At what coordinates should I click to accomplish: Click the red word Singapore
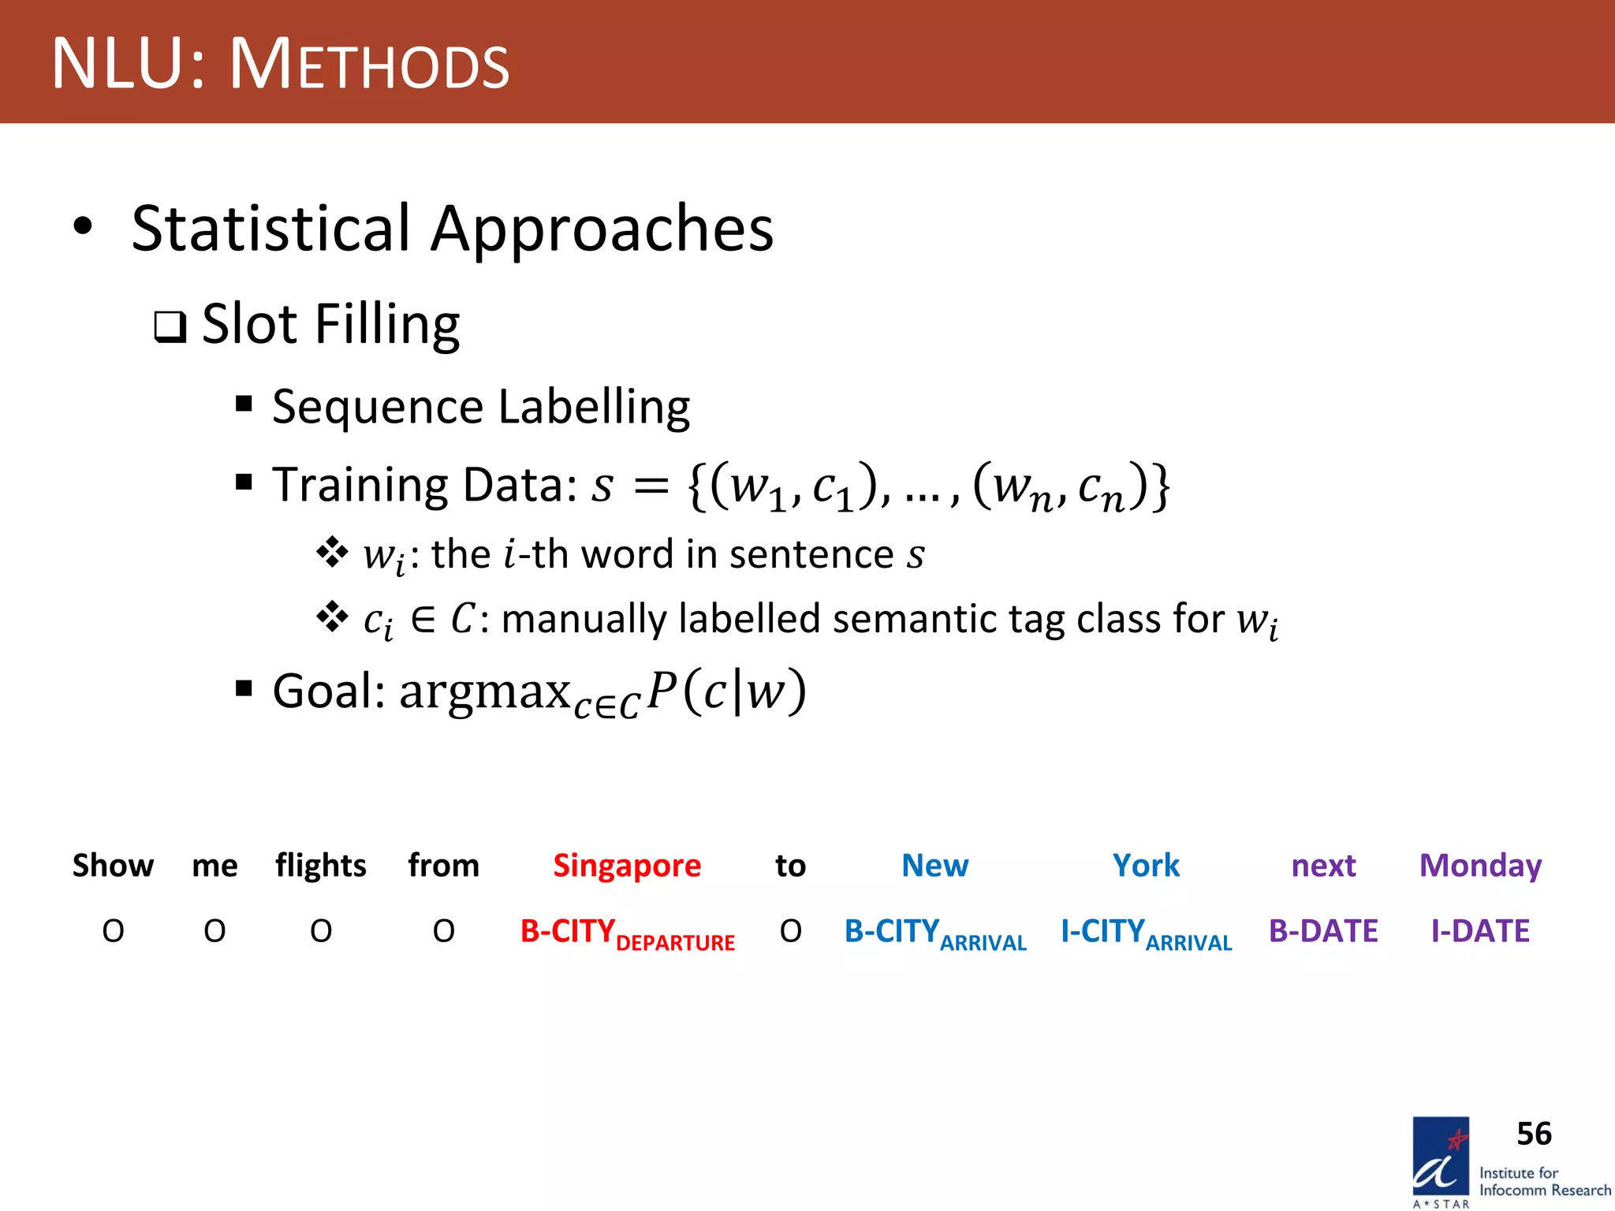point(627,866)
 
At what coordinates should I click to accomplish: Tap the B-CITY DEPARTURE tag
point(627,933)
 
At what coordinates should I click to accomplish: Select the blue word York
point(1146,866)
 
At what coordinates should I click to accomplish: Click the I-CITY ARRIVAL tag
point(1146,933)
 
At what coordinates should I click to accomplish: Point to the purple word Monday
point(1480,866)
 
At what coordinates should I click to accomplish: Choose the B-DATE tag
point(1323,932)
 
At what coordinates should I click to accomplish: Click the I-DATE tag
point(1480,932)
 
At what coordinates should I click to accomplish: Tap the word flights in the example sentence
point(320,866)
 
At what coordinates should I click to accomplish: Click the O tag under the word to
point(790,932)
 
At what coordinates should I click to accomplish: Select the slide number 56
point(1534,1134)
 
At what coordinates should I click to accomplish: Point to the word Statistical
point(270,229)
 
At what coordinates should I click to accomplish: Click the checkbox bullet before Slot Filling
point(170,326)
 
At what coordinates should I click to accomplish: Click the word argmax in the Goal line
point(484,691)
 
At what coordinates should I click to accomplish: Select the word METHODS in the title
point(369,65)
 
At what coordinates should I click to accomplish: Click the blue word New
point(934,866)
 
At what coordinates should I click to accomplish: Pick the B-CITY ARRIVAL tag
point(934,933)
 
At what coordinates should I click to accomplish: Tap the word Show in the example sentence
point(113,866)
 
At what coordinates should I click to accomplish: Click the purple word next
point(1323,866)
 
